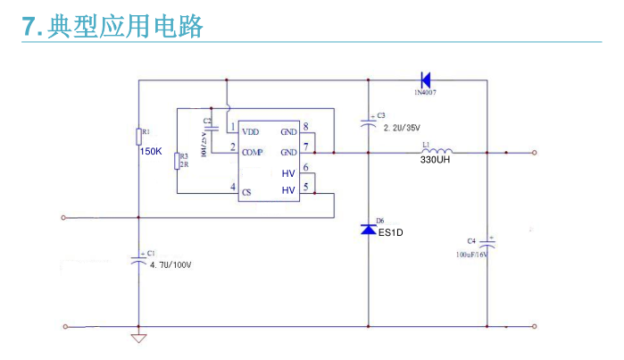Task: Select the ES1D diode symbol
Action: point(369,230)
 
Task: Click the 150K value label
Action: point(151,152)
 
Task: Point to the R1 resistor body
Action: point(138,136)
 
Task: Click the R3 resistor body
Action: point(177,160)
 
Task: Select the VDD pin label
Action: point(251,130)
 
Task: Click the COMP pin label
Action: point(253,151)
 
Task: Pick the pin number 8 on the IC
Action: point(305,127)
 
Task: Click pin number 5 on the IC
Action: point(305,187)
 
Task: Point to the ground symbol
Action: point(138,338)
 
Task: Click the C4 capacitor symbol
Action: point(487,243)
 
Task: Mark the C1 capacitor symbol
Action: point(138,260)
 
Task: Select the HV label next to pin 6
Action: point(288,172)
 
